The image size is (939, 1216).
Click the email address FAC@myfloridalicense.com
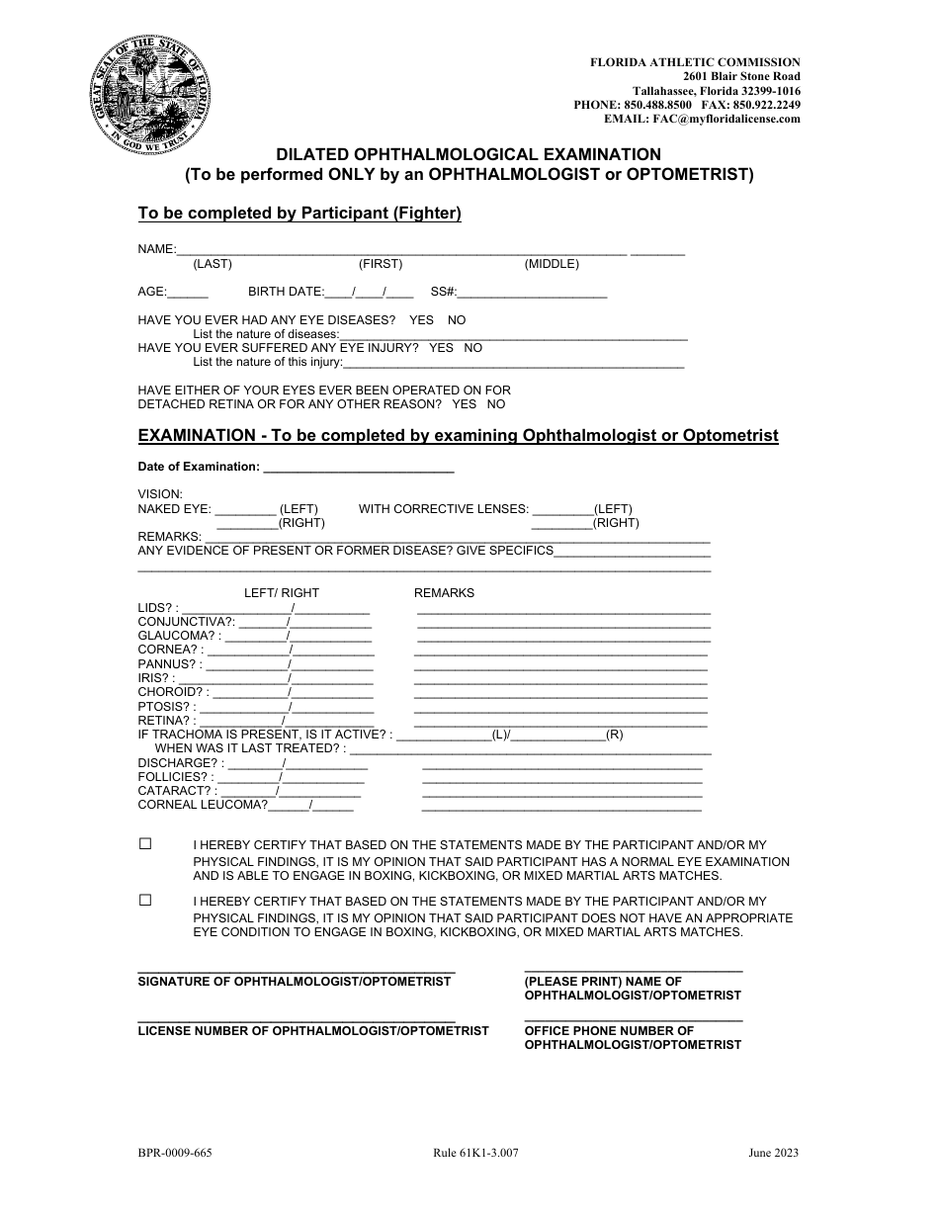[x=726, y=119]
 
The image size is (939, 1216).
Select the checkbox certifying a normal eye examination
[x=145, y=844]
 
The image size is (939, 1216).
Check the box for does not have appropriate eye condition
[x=145, y=901]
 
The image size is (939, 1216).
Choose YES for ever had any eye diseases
[x=421, y=320]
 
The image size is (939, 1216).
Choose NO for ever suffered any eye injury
[x=472, y=348]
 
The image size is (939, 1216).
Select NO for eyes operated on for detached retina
[x=495, y=404]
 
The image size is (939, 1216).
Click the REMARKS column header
[x=444, y=593]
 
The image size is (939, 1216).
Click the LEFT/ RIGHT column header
[x=282, y=593]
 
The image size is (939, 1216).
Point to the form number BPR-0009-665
[x=174, y=1153]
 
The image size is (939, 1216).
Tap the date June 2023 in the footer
[x=773, y=1153]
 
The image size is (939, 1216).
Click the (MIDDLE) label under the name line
[x=552, y=264]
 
